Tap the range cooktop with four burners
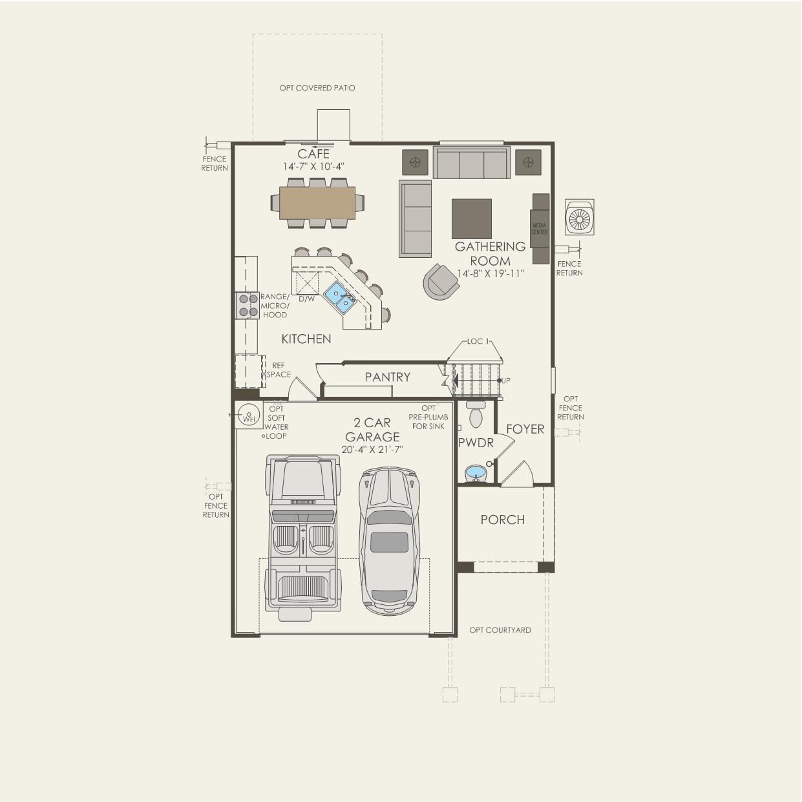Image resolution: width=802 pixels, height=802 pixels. (248, 305)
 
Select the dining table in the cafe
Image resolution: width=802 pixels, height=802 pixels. (317, 203)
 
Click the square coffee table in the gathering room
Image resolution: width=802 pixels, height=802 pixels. (471, 218)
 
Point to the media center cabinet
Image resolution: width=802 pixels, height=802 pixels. (540, 229)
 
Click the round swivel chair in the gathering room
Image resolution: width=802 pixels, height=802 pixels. (441, 282)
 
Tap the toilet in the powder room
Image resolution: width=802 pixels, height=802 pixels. (476, 415)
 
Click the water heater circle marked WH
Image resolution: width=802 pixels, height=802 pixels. (248, 414)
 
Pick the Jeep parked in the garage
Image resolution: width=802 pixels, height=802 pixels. (303, 533)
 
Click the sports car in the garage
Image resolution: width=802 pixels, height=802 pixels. (390, 541)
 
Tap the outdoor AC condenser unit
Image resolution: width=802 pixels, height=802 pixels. (579, 217)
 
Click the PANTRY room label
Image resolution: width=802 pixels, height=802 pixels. (387, 377)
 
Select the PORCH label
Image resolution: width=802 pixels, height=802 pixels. (502, 520)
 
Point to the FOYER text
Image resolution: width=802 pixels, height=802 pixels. (525, 429)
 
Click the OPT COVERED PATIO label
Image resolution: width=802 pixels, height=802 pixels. (317, 88)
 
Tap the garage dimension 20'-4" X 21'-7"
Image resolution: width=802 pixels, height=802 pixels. (372, 450)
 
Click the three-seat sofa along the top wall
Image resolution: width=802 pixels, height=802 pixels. (471, 163)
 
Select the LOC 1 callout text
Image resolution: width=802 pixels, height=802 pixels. (478, 341)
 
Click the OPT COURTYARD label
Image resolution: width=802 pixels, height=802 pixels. (500, 630)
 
